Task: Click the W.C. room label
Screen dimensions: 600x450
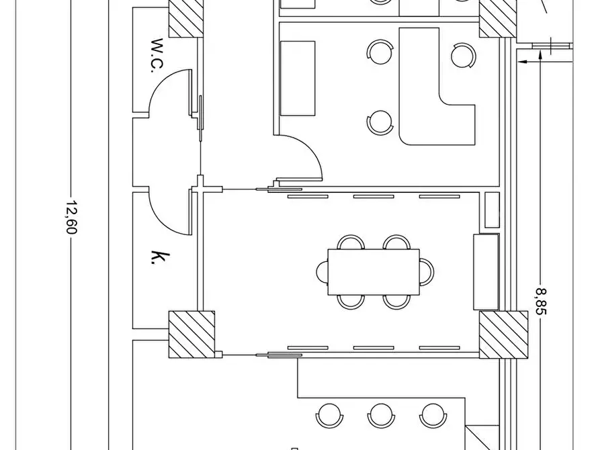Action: (x=157, y=55)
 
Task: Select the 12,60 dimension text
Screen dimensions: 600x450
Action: (x=71, y=217)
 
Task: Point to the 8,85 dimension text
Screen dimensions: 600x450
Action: (x=541, y=302)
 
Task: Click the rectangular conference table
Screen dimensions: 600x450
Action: (x=374, y=272)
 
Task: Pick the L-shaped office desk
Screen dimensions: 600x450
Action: (x=436, y=87)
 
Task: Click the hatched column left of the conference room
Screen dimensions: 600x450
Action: (x=191, y=334)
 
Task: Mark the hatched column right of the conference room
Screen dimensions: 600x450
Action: (x=503, y=335)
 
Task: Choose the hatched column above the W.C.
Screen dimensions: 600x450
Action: (x=186, y=18)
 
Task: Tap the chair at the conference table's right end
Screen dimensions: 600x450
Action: (x=427, y=272)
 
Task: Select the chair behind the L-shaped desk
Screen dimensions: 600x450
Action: (x=464, y=56)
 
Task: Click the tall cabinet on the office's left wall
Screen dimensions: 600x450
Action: (x=298, y=79)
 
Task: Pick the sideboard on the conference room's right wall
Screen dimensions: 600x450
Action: (x=486, y=272)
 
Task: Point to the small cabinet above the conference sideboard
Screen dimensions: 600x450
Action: (x=492, y=210)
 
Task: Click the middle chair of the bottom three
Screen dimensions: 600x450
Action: (x=381, y=416)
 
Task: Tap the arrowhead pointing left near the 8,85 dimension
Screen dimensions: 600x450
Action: (x=522, y=61)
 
